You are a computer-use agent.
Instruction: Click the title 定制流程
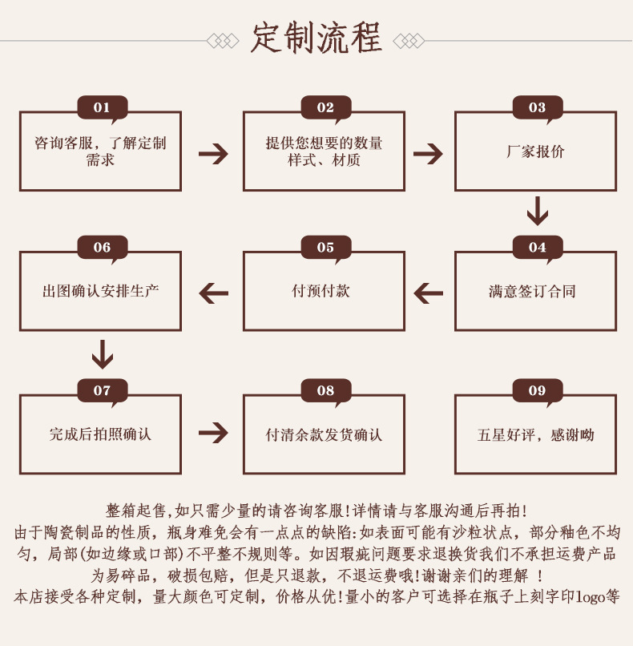click(316, 39)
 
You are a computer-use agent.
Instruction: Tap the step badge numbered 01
click(102, 107)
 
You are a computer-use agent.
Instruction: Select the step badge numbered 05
click(325, 248)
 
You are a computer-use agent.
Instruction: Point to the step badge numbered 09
click(537, 390)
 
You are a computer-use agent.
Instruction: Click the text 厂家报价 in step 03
click(535, 151)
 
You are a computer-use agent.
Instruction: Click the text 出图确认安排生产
click(101, 291)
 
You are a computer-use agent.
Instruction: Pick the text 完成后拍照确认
click(100, 434)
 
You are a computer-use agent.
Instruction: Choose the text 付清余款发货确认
click(324, 434)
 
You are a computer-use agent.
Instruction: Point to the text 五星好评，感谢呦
click(535, 435)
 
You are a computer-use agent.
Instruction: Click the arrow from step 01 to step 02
click(213, 154)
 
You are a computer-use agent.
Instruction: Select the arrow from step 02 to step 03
click(428, 154)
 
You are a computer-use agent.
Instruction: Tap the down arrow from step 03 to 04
click(537, 211)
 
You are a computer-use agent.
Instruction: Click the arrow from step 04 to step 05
click(428, 293)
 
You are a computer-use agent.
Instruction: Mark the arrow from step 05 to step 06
click(213, 293)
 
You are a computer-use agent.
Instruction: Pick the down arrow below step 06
click(102, 353)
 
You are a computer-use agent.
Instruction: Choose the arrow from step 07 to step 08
click(213, 433)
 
